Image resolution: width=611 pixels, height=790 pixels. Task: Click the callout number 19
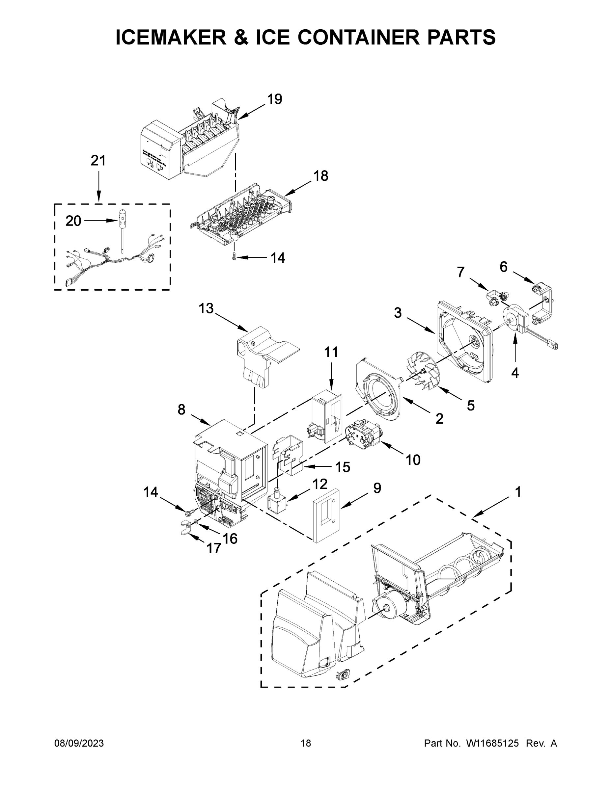275,99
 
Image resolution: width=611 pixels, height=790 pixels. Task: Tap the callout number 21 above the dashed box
98,161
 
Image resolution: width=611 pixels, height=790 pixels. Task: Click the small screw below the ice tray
234,257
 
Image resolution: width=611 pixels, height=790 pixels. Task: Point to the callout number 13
206,308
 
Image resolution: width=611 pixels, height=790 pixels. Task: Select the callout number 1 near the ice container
517,492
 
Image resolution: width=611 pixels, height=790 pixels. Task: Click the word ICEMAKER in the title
171,37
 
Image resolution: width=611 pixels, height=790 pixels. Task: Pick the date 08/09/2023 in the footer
79,743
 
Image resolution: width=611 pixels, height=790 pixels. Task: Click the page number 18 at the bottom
306,743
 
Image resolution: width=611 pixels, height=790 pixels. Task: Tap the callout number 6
504,267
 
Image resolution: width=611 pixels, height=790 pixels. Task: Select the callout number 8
181,410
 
